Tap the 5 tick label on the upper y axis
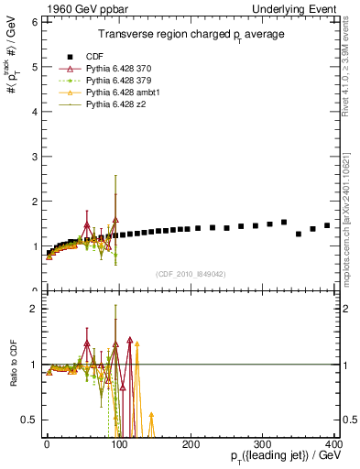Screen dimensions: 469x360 point(33,67)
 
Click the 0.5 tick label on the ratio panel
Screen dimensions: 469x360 point(28,420)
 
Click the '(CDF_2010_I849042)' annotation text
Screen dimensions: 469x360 point(191,272)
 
